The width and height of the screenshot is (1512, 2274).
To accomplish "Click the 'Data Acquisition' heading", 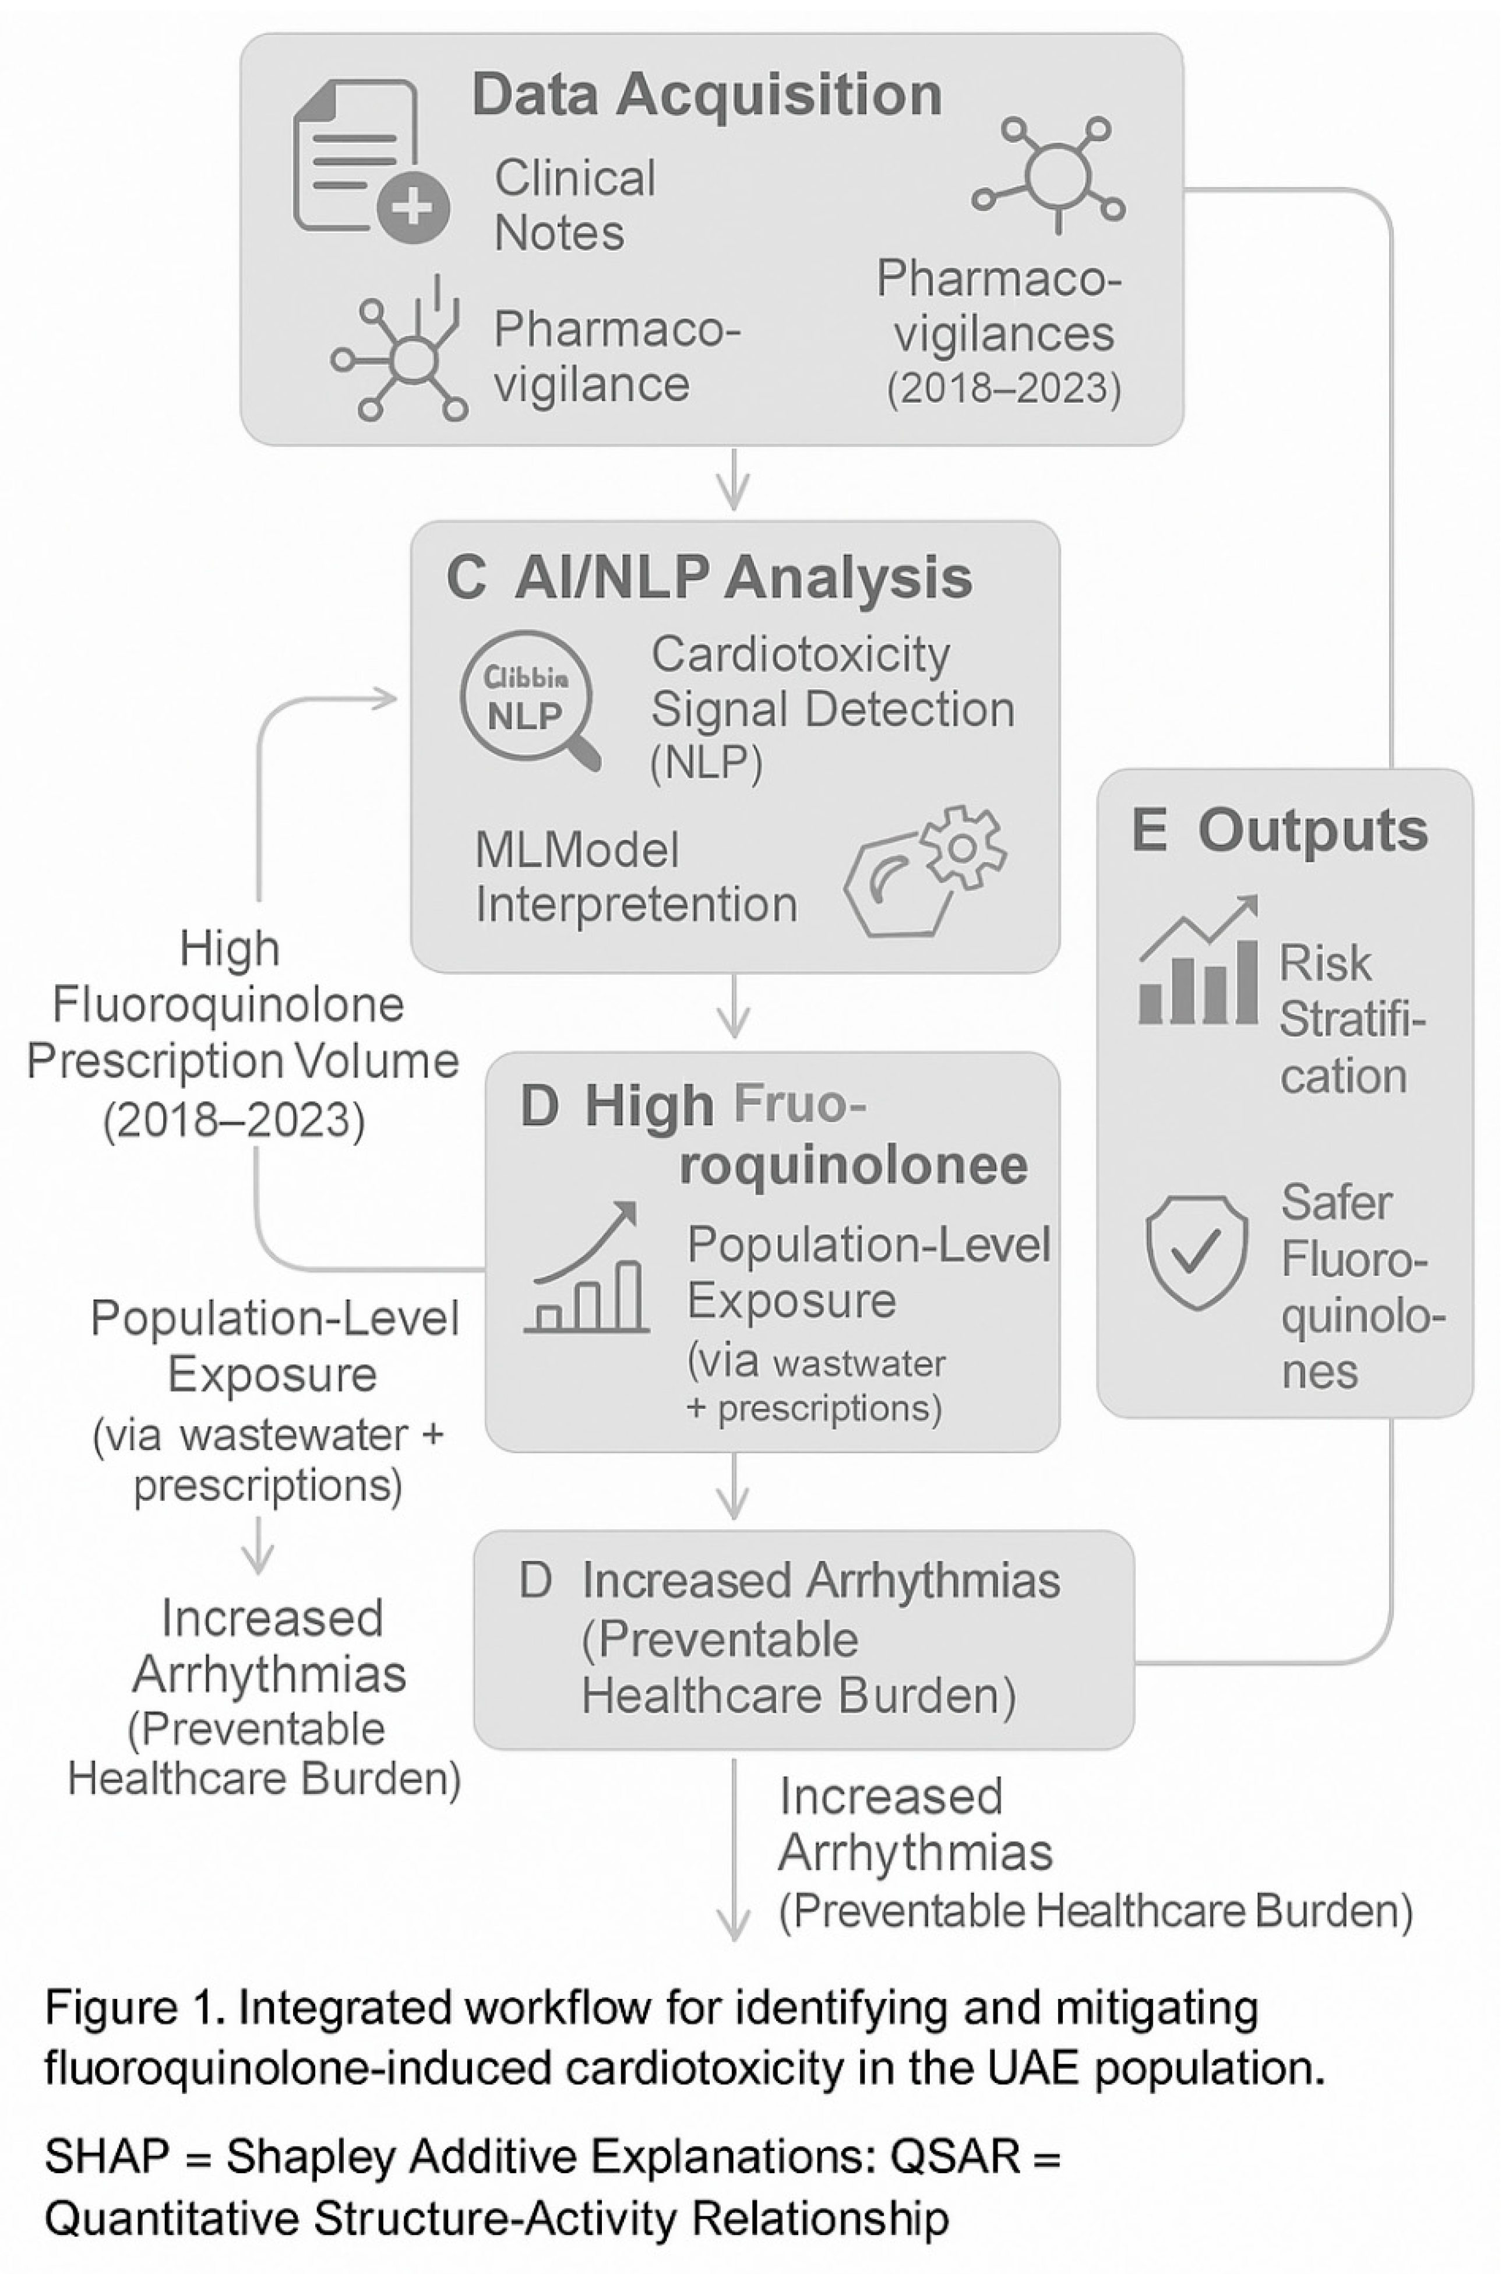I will (x=707, y=96).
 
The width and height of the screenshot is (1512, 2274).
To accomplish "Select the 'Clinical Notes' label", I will (x=575, y=205).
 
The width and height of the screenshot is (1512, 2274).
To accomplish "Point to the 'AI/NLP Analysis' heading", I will (x=742, y=579).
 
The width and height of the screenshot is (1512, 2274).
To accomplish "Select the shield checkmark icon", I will (x=1197, y=1251).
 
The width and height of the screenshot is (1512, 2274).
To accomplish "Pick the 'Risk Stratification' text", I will (x=1350, y=1019).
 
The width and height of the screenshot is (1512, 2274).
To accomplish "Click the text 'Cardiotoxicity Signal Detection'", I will (x=831, y=682).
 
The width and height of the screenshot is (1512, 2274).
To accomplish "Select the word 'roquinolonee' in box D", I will (x=854, y=1165).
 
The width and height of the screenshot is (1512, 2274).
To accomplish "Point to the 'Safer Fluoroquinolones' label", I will (x=1360, y=1287).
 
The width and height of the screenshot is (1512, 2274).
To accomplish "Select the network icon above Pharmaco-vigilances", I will (x=1055, y=174).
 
